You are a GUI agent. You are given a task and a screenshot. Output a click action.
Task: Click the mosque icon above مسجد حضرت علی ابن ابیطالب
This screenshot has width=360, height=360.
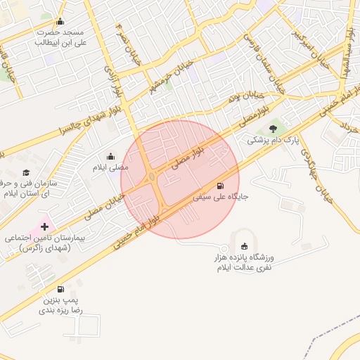(x=60, y=20)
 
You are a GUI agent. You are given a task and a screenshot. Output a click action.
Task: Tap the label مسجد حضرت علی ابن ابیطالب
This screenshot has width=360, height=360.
(x=60, y=37)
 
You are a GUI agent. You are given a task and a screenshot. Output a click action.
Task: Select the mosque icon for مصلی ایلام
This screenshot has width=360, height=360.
(x=110, y=157)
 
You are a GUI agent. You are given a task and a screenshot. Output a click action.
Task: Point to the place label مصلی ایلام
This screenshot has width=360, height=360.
(x=110, y=169)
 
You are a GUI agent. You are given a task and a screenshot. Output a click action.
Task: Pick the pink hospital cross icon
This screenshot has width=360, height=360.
(x=46, y=226)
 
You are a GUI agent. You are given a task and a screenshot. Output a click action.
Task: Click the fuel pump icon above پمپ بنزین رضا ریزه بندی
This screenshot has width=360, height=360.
(x=60, y=289)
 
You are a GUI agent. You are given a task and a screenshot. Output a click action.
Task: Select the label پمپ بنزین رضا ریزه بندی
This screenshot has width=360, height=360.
(x=60, y=304)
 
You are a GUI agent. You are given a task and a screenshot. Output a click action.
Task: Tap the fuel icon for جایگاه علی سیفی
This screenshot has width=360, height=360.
(x=221, y=186)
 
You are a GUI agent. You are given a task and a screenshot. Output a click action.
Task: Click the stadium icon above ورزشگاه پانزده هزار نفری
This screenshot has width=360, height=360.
(x=244, y=246)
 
